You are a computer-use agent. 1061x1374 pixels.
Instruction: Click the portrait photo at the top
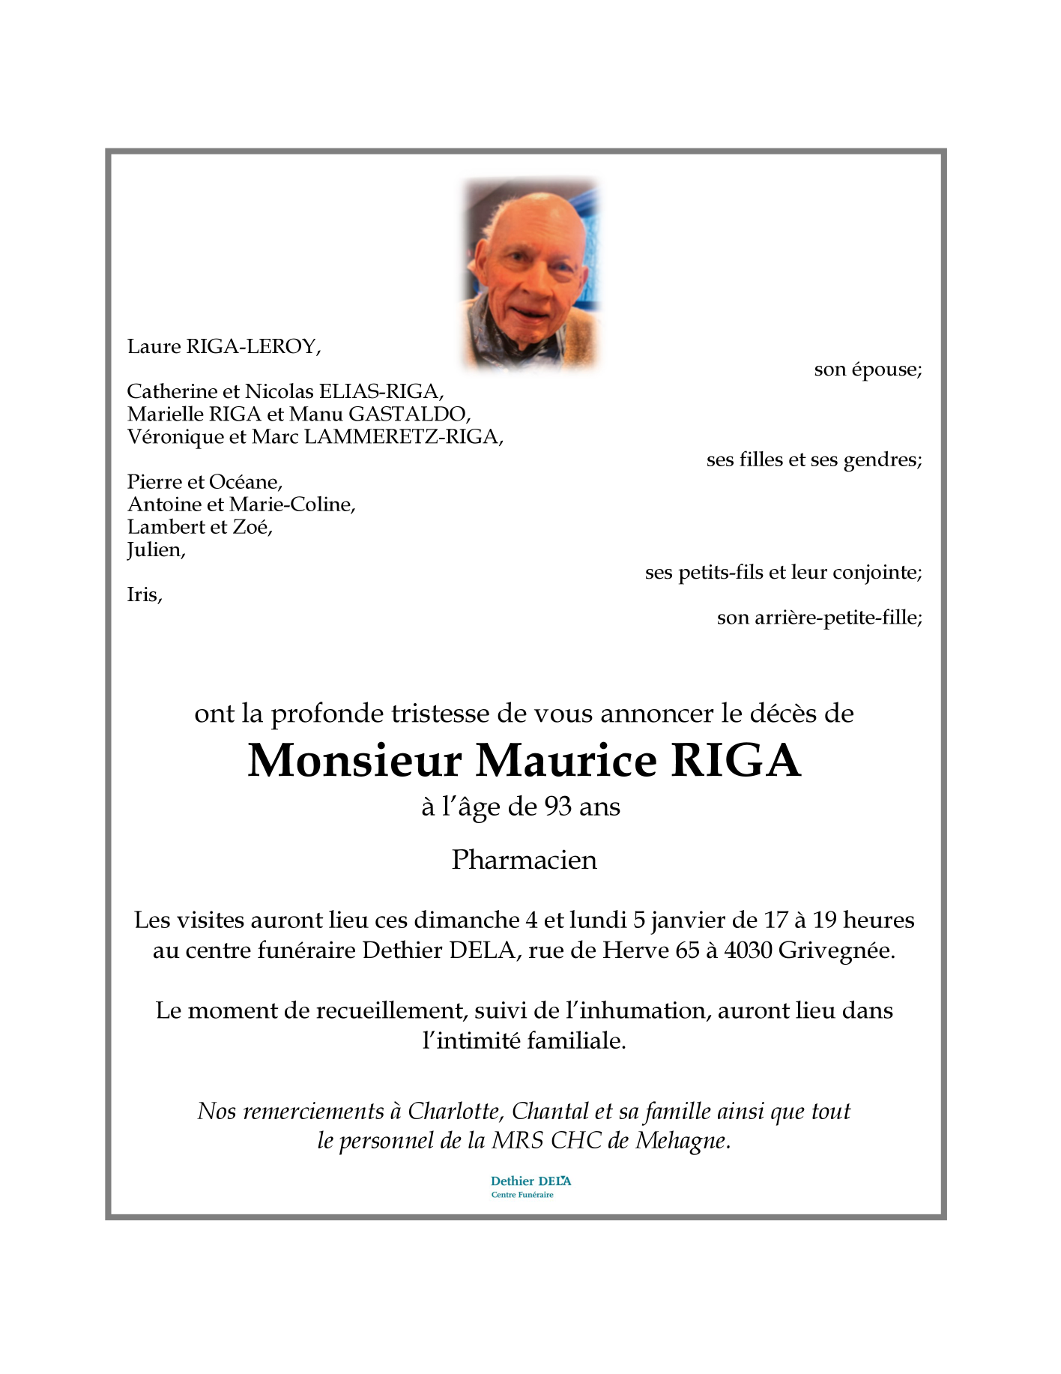(531, 274)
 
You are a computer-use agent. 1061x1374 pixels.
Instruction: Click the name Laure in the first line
(154, 346)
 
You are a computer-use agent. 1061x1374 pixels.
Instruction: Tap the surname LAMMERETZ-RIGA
(403, 436)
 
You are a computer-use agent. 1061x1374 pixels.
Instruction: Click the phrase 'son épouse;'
(868, 370)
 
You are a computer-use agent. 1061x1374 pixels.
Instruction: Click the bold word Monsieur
(354, 761)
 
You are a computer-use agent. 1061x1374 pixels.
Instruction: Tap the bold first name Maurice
(566, 761)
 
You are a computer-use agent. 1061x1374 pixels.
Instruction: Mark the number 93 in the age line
(558, 807)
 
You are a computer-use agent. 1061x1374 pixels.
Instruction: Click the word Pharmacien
(525, 860)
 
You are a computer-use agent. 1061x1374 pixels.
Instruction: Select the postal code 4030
(748, 950)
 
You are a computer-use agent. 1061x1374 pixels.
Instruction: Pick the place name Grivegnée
(836, 951)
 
